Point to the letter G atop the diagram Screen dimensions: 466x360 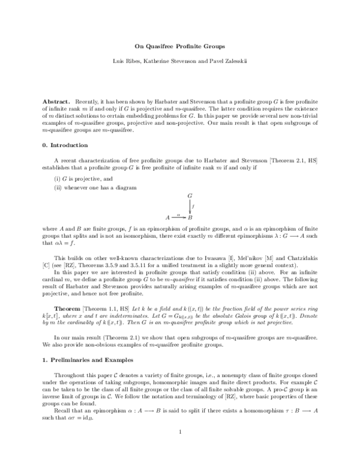190,196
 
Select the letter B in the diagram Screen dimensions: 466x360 190,217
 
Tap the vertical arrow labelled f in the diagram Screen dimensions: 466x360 190,206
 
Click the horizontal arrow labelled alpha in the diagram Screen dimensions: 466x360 178,216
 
